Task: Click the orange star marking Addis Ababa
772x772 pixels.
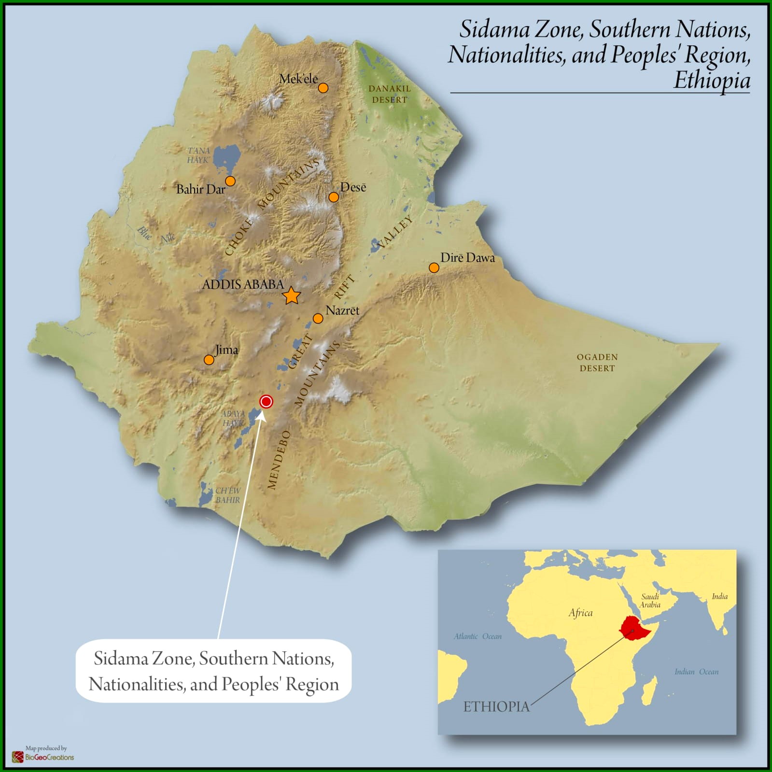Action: coord(291,295)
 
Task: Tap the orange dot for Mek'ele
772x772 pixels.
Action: coord(323,88)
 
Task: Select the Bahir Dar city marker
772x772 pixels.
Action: coord(230,181)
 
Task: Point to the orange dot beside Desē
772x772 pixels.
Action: coord(334,197)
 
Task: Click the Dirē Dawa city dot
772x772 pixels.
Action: coord(434,268)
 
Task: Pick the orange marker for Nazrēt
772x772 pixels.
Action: coord(318,319)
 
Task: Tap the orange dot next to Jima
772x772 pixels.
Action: coord(209,360)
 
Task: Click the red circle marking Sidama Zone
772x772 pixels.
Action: coord(266,402)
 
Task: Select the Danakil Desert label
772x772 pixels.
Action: coord(390,94)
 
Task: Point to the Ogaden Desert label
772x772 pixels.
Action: coord(597,363)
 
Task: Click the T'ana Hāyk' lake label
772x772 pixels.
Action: coord(198,155)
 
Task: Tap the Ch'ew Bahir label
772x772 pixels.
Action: coord(227,495)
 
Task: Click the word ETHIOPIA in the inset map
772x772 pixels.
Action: coord(496,707)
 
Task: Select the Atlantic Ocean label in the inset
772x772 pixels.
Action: coord(477,636)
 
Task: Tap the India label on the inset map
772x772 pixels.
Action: coord(719,596)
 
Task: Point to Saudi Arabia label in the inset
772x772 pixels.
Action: coord(650,601)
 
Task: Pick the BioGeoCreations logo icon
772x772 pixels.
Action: coord(18,757)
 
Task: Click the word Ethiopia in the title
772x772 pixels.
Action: coord(712,80)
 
